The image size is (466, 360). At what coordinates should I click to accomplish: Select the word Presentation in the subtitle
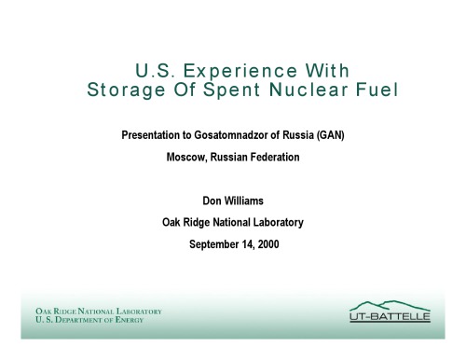pos(152,135)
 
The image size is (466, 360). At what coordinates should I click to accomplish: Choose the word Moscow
pos(186,157)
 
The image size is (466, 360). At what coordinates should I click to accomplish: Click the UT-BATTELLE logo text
pos(390,317)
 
